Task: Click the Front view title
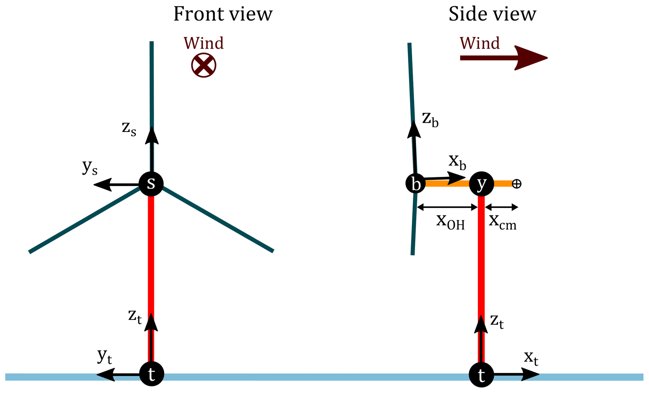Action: tap(223, 14)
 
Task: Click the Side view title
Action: tap(492, 14)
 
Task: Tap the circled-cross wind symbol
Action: tap(204, 65)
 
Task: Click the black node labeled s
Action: tap(151, 184)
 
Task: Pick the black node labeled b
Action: tap(415, 184)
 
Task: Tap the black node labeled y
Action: tap(481, 184)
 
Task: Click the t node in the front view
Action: tap(152, 374)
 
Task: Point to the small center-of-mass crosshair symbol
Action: tap(516, 184)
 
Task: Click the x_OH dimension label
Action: tap(450, 222)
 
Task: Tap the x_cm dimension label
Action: tap(503, 222)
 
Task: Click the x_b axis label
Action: tap(457, 162)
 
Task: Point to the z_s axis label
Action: tap(129, 128)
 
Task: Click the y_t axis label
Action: tap(105, 356)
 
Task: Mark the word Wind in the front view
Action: tap(203, 43)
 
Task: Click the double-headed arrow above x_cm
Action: tap(501, 207)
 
